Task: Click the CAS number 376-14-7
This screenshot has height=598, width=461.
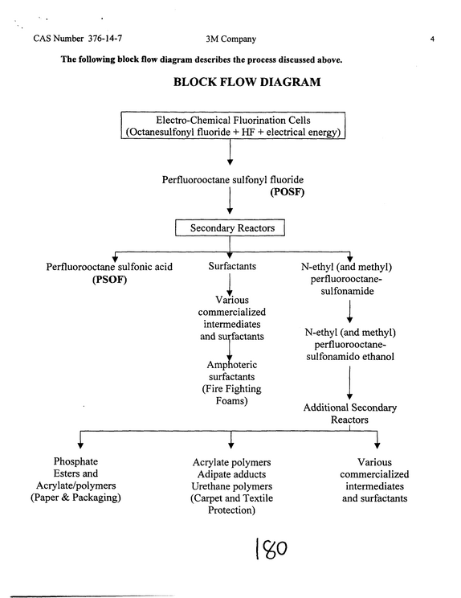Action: [105, 38]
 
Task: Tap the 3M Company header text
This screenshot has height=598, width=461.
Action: [230, 39]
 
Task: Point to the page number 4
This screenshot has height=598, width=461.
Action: [432, 39]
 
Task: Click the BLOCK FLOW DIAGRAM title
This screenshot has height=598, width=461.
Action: [247, 82]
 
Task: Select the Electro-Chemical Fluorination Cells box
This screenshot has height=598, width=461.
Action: [233, 125]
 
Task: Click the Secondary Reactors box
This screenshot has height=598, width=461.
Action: [230, 227]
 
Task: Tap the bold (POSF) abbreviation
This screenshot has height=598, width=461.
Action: [288, 192]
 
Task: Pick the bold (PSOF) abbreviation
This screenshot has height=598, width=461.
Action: [109, 280]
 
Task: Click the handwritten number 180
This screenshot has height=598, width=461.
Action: [271, 548]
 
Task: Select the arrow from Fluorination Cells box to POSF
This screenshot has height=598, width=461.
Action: [230, 152]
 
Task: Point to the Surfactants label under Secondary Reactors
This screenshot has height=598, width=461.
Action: [232, 266]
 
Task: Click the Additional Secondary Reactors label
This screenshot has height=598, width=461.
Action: [349, 413]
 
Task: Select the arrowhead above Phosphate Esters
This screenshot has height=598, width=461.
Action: [80, 444]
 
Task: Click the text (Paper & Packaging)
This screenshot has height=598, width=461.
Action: [75, 498]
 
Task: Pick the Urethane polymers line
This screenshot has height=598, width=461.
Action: [231, 486]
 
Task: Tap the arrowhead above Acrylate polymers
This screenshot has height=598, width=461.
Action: [230, 444]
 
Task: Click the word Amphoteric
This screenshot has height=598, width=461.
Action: [231, 365]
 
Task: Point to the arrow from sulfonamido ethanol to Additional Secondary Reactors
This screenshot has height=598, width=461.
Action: [349, 383]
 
